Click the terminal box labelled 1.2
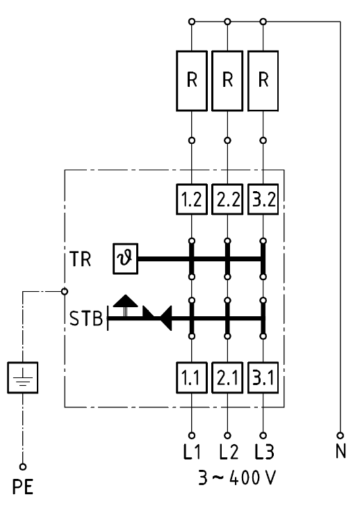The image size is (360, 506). click(192, 199)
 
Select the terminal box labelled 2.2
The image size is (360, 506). click(227, 199)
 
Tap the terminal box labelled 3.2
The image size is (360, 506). click(263, 199)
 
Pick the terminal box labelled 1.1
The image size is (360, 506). click(192, 377)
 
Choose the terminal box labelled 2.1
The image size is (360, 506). click(227, 377)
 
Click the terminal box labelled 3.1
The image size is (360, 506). click(263, 377)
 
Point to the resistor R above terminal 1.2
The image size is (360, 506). click(192, 81)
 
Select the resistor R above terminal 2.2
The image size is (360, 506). click(227, 81)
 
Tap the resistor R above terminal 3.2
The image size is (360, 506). click(263, 81)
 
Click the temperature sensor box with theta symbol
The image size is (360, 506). click(126, 259)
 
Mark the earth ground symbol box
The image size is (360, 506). click(22, 377)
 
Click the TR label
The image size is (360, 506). click(81, 259)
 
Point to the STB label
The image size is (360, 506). click(86, 318)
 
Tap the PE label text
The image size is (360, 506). click(23, 487)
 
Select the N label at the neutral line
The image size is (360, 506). click(341, 451)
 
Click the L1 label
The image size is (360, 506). click(192, 452)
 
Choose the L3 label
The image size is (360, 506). click(264, 452)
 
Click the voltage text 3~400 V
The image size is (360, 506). click(237, 478)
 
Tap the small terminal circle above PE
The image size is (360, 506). click(22, 466)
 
